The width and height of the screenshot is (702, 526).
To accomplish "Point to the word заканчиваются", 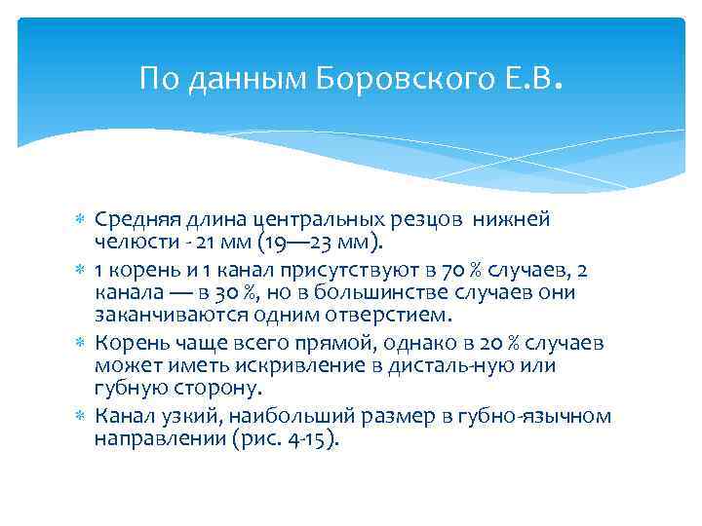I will click(159, 315).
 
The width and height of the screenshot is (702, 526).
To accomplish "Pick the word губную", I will click(129, 388).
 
